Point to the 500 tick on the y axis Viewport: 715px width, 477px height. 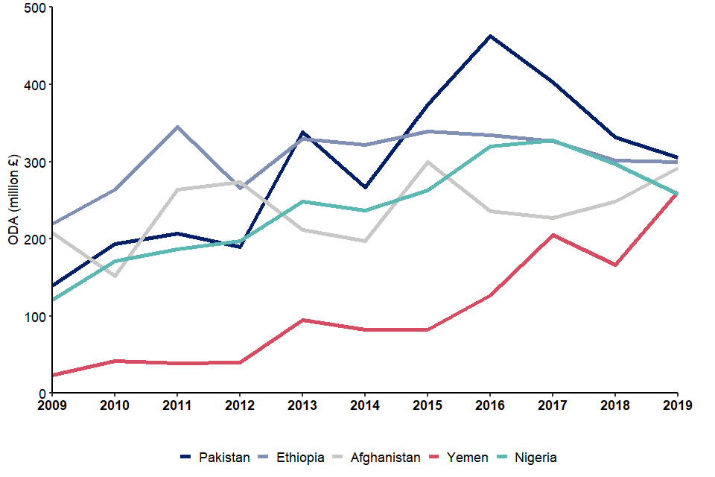tap(36, 7)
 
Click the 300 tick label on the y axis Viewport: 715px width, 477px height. tap(36, 162)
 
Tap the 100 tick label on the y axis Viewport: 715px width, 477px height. tap(36, 316)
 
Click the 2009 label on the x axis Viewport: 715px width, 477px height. tap(51, 406)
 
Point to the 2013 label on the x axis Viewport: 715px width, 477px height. tap(302, 406)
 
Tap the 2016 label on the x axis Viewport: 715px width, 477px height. tap(489, 406)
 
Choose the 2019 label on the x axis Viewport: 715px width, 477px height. tap(676, 406)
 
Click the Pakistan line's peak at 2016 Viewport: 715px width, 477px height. tap(489, 36)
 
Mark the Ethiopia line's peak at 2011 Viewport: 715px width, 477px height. tap(177, 127)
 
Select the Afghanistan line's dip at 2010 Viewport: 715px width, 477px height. tap(114, 276)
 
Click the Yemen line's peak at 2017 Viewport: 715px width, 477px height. tap(552, 235)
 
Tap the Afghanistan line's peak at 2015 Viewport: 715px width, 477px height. tap(427, 162)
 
